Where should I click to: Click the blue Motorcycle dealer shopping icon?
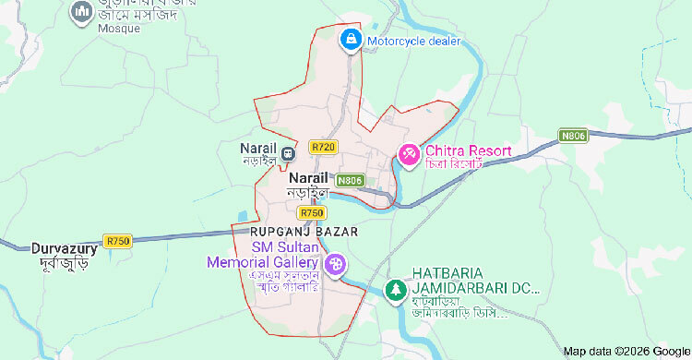351,40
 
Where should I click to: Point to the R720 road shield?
323,147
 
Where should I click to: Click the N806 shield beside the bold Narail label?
351,180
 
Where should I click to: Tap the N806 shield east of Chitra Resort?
572,136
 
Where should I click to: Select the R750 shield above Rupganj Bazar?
312,212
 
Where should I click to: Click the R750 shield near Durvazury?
118,241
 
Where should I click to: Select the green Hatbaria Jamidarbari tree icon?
395,289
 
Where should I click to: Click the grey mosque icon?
80,12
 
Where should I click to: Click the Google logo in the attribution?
670,352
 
